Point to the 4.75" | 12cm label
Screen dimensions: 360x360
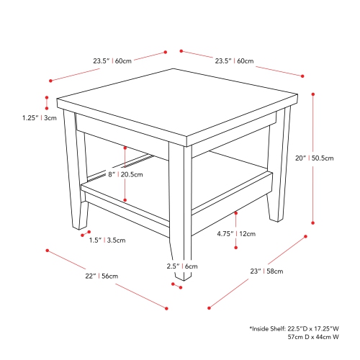click(x=237, y=233)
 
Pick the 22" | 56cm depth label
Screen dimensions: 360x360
click(x=101, y=276)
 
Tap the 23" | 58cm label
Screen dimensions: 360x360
click(x=266, y=271)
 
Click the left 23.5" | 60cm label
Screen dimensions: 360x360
click(x=112, y=61)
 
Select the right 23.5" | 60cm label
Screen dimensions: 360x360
click(x=234, y=61)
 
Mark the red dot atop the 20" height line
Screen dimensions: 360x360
click(x=313, y=93)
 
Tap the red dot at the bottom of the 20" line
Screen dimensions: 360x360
click(x=313, y=222)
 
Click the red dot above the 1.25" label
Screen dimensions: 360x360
click(x=47, y=98)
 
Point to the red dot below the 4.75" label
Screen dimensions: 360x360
click(x=237, y=248)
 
